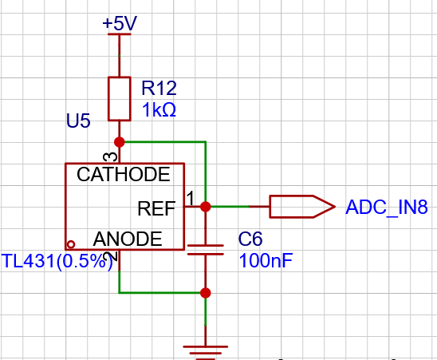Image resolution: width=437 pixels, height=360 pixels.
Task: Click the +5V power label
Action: click(120, 23)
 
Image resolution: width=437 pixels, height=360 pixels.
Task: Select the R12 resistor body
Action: click(120, 99)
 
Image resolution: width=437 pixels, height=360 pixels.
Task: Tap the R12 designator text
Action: click(159, 88)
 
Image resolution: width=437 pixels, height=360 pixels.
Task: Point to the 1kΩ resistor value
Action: click(159, 109)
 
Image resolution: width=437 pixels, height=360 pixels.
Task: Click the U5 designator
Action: click(78, 121)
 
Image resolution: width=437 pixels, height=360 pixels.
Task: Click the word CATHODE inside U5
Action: click(124, 175)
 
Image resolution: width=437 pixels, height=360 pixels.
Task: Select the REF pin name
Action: click(156, 208)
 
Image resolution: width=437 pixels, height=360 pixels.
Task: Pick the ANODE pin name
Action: click(128, 239)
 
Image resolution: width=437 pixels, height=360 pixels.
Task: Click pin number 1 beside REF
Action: click(191, 199)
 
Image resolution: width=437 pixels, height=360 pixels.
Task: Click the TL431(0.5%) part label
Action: click(57, 262)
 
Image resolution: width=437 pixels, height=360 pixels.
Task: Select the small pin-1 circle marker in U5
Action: click(71, 244)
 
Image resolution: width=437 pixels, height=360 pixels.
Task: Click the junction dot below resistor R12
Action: click(120, 142)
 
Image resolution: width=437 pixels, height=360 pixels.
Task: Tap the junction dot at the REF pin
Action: click(206, 207)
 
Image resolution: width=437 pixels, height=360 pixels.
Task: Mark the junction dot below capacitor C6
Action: click(206, 293)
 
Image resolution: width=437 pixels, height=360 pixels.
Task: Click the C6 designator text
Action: click(250, 239)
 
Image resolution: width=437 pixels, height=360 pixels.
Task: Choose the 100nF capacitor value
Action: click(266, 261)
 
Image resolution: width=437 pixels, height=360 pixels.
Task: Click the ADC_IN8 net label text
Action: click(387, 208)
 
